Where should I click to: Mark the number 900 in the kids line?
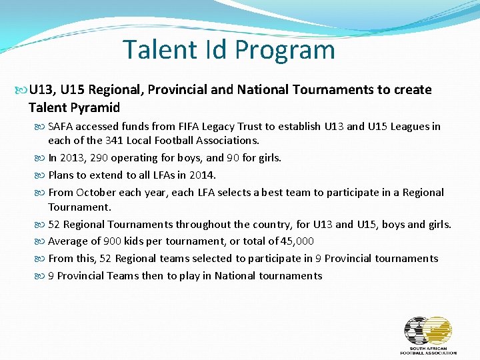pos(112,241)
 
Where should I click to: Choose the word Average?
pos(68,241)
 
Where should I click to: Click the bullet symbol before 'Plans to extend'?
pos(42,175)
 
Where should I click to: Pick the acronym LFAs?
pos(156,175)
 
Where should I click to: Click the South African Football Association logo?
pos(428,335)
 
